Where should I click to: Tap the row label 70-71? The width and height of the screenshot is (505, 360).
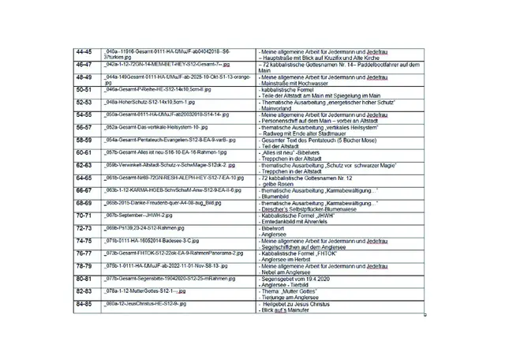click(84, 216)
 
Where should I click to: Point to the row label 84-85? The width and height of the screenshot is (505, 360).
click(84, 303)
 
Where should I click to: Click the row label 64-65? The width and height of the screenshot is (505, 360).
click(84, 178)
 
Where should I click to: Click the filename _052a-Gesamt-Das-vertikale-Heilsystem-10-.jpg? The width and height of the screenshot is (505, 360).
click(162, 126)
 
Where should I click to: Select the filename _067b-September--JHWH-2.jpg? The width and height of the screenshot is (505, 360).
click(139, 215)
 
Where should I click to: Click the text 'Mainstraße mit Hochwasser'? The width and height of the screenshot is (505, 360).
click(300, 82)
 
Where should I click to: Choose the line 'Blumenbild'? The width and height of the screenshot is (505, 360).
click(276, 195)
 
